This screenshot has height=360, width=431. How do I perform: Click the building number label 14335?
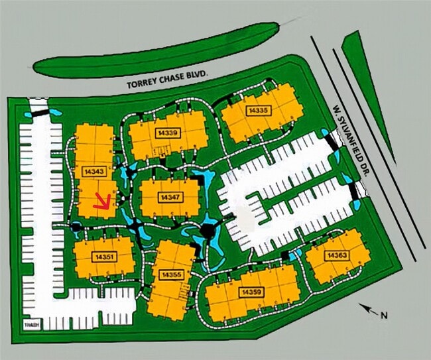pyautogui.click(x=258, y=109)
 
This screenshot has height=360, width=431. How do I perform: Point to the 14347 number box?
pyautogui.click(x=170, y=198)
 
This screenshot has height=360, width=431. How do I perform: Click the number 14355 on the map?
pyautogui.click(x=172, y=274)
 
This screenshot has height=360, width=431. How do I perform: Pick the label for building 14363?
pyautogui.click(x=336, y=255)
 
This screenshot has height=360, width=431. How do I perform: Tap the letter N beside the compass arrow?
pyautogui.click(x=384, y=316)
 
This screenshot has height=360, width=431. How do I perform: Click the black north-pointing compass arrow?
pyautogui.click(x=367, y=308)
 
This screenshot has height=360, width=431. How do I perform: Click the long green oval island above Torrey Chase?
pyautogui.click(x=156, y=51)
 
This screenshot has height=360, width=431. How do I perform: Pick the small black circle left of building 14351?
pyautogui.click(x=77, y=227)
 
